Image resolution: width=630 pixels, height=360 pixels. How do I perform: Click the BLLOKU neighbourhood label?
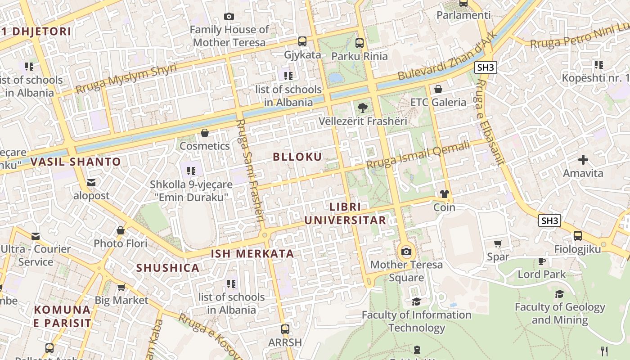[297, 157]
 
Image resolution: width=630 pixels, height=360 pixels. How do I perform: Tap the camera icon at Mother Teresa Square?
[406, 252]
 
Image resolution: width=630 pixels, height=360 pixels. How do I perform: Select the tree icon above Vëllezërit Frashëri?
[362, 108]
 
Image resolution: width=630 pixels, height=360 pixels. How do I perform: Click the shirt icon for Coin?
[445, 194]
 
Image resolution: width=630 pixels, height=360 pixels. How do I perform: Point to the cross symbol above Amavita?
[583, 160]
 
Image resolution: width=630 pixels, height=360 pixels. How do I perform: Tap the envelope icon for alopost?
[92, 183]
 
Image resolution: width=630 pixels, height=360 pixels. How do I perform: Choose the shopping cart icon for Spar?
[498, 244]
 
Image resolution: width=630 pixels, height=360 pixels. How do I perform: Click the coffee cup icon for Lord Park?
[542, 261]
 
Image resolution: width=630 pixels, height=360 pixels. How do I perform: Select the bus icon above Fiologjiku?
[578, 235]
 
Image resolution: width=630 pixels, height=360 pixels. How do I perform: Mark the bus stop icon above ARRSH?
[285, 329]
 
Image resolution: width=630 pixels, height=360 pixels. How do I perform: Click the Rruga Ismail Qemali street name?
[418, 155]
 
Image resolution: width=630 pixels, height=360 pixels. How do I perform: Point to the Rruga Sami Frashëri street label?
[250, 170]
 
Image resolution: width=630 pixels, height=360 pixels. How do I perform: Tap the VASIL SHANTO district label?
[76, 162]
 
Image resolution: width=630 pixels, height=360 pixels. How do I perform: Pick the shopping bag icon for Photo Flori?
[121, 230]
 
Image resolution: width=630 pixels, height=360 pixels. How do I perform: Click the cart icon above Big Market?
[121, 287]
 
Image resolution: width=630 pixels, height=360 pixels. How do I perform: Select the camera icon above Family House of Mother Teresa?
[229, 17]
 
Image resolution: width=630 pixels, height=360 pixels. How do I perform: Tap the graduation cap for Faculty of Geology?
[559, 294]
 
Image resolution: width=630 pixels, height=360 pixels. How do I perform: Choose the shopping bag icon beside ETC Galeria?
[438, 89]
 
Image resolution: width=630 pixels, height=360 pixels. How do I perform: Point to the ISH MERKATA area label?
[252, 254]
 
